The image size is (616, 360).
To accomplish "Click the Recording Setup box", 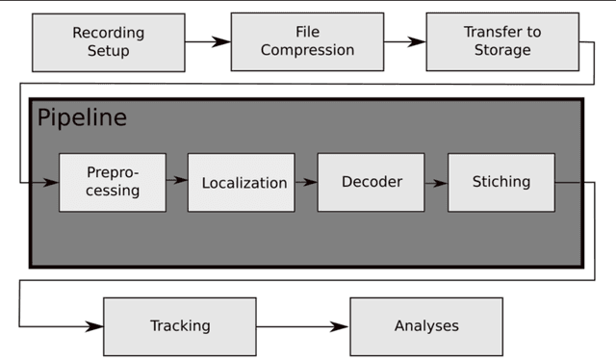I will click(x=108, y=41).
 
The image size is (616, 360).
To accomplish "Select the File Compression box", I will click(x=306, y=41).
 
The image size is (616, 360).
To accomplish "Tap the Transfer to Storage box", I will click(x=502, y=41).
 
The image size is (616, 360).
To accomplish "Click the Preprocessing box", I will click(x=113, y=182).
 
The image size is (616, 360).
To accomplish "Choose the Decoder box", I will click(x=372, y=182).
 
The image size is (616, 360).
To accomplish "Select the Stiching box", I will click(x=500, y=182).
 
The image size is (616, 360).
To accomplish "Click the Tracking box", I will click(x=180, y=325).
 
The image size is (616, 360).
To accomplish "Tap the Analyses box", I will click(x=426, y=325).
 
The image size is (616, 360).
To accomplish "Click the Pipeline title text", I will click(x=82, y=118).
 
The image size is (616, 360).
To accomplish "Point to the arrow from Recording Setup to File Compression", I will click(x=207, y=41).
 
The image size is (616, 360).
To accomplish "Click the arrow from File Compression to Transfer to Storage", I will click(x=403, y=41).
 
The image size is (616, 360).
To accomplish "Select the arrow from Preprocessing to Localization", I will click(x=176, y=180).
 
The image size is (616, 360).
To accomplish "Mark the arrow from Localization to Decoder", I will click(x=305, y=181).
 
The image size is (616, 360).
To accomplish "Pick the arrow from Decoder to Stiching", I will click(x=436, y=181).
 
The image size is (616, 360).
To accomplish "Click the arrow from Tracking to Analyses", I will click(x=302, y=326).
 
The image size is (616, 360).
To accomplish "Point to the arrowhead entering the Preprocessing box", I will click(x=50, y=181).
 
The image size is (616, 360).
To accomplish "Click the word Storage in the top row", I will click(x=502, y=50).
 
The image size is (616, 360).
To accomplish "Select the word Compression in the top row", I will click(x=306, y=50).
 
